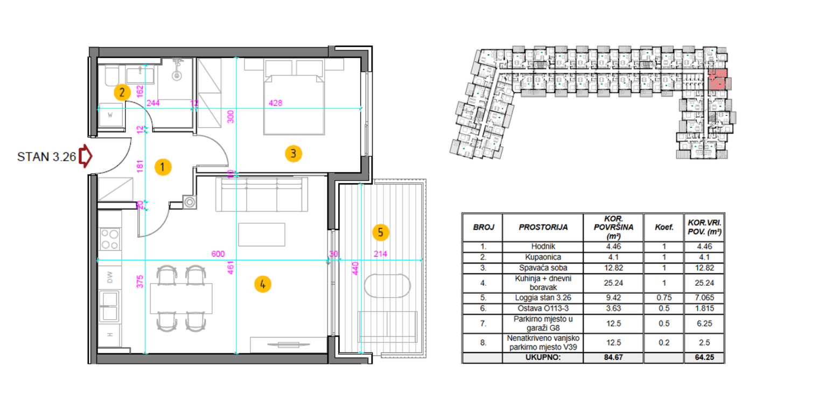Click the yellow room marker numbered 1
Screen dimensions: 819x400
point(163,167)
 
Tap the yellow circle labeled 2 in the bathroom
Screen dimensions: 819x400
point(122,93)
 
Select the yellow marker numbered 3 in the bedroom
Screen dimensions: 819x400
point(293,154)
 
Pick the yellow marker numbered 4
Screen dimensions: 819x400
point(263,284)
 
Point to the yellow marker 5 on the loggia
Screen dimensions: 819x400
point(380,232)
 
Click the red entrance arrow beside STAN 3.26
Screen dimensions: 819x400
point(86,156)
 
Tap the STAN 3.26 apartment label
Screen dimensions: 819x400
point(46,157)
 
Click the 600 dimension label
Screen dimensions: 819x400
point(218,254)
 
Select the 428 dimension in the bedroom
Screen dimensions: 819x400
point(275,103)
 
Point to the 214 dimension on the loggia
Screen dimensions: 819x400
point(380,254)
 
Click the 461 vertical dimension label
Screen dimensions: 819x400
point(230,267)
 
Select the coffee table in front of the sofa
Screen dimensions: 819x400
point(261,235)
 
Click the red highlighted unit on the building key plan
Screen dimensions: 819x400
point(717,79)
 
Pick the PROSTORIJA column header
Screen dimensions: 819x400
point(543,227)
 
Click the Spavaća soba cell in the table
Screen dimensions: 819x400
point(543,268)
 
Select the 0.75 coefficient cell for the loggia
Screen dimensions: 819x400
point(664,298)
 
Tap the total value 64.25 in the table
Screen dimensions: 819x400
point(704,357)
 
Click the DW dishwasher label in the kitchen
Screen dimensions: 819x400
point(110,278)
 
